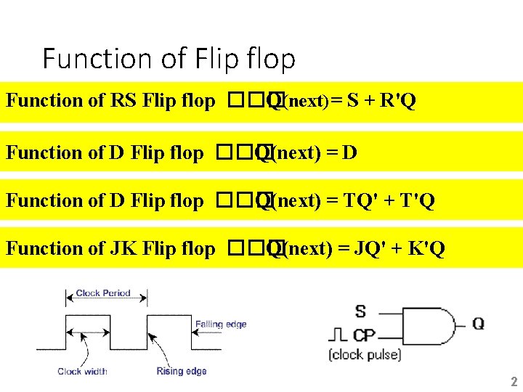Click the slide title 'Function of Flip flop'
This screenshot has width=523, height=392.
pos(169,58)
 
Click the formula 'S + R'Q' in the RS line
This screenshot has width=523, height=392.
pos(381,101)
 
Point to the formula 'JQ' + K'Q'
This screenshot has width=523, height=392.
pos(400,249)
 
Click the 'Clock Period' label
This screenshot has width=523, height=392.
pos(103,294)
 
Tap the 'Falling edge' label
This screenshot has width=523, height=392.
pos(221,324)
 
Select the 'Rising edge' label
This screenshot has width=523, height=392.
pos(182,372)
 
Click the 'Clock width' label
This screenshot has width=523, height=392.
pos(82,372)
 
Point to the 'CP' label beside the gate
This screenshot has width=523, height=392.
pos(364,335)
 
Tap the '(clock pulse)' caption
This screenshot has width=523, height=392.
pos(364,355)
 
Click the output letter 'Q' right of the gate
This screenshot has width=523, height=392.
pos(478,324)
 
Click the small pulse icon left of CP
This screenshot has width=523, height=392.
pos(338,336)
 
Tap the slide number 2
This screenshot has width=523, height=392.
pos(514,382)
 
